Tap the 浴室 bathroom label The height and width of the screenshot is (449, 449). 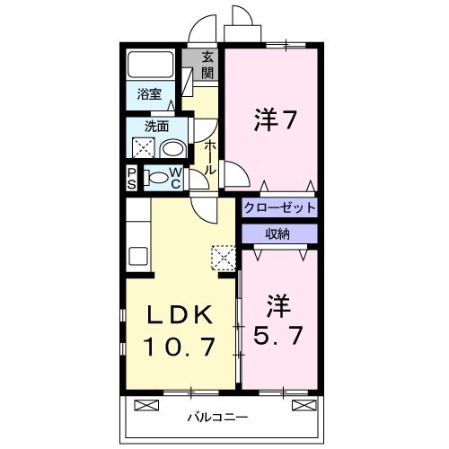(x=148, y=93)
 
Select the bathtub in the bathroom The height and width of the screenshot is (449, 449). (x=151, y=65)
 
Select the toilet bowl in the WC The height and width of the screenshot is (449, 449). (x=156, y=178)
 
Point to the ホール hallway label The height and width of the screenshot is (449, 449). (x=209, y=157)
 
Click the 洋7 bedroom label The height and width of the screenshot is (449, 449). (x=274, y=121)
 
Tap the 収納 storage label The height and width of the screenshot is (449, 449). (x=277, y=233)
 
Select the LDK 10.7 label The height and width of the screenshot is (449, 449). (x=180, y=330)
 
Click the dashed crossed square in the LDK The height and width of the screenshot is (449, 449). (x=221, y=258)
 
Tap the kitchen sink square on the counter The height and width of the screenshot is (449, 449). (x=138, y=254)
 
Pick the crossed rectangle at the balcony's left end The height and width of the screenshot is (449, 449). (x=143, y=406)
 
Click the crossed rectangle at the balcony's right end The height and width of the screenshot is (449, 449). (x=304, y=406)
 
